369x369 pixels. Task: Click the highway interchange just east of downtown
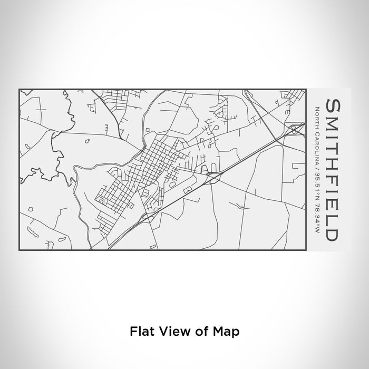pyautogui.click(x=209, y=171)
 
